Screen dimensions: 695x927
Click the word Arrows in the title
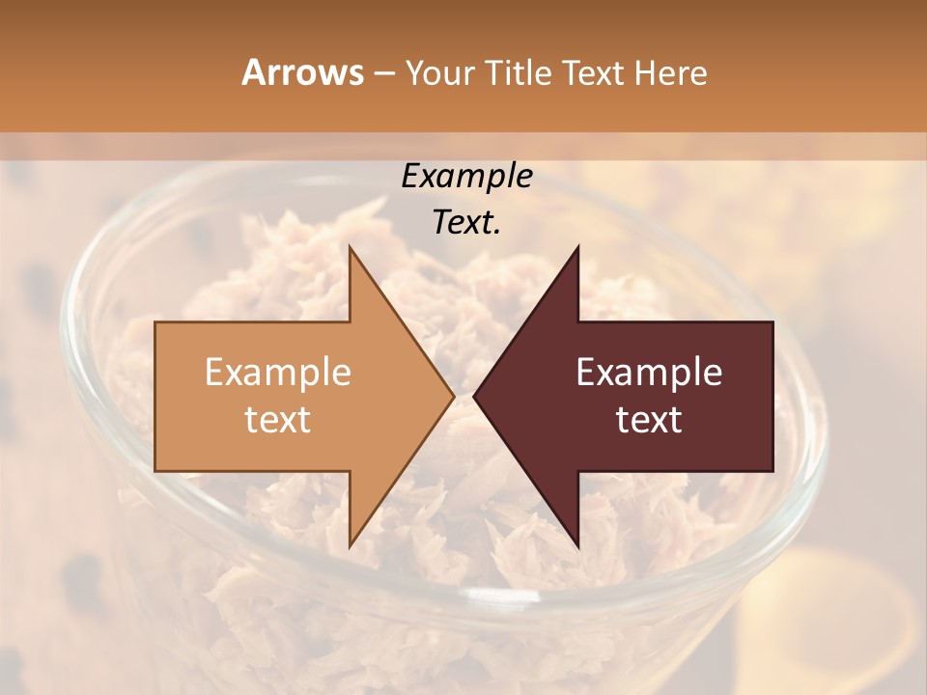[x=301, y=72]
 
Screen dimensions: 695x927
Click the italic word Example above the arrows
[x=466, y=177]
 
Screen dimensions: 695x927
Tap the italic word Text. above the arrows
[x=466, y=223]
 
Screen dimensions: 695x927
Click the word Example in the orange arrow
[x=277, y=373]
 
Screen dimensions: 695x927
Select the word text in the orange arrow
[x=277, y=420]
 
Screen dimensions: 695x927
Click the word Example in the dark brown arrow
[x=649, y=373]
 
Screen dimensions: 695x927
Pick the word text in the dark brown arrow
[x=649, y=420]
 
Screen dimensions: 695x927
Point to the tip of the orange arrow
[x=453, y=396]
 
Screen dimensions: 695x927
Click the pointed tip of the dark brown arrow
[x=474, y=396]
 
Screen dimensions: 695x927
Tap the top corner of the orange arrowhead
[x=350, y=247]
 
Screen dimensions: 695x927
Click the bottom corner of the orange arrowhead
[x=350, y=545]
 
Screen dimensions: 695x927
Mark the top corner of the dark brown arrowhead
[x=577, y=247]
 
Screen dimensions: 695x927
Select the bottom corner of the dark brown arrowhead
[x=577, y=545]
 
